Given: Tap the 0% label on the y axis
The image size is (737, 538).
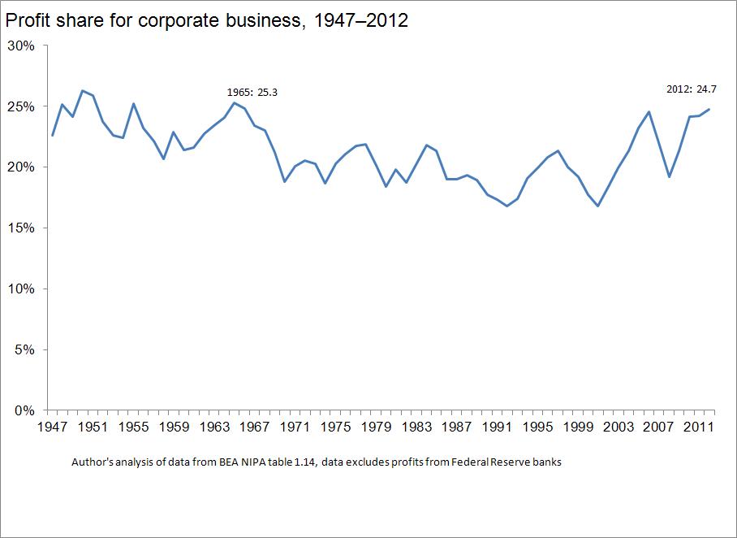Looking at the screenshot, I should coord(24,410).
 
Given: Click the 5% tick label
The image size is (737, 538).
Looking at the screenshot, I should coord(24,350).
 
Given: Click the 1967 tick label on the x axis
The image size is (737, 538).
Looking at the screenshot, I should coord(256,427).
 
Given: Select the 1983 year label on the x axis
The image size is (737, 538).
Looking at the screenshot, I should coord(416,427).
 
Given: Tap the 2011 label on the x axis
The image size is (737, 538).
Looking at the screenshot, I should coord(698,427).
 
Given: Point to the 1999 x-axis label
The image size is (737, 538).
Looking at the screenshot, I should coord(577,427).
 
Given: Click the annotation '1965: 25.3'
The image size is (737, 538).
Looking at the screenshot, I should coord(252,92).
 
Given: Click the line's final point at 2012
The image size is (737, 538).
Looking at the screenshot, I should coord(709,110).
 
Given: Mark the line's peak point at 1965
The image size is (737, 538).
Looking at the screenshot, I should coord(234,102).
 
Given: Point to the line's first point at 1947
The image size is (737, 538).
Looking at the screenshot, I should coord(53,135).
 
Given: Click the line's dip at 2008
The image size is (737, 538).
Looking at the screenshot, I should coord(669,177).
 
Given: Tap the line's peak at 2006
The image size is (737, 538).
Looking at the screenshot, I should coord(649,112).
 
